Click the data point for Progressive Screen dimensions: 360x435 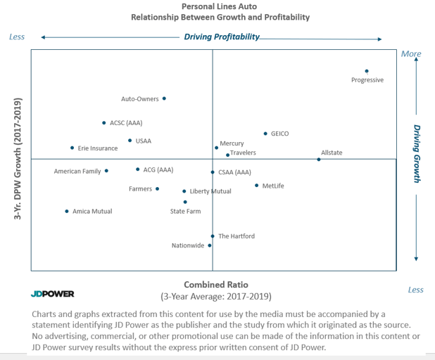click(x=367, y=71)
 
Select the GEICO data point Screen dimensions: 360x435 click(x=265, y=133)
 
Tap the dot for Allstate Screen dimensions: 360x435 click(x=318, y=160)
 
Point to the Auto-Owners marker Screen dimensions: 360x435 click(x=165, y=98)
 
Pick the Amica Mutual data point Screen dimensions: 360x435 click(x=67, y=211)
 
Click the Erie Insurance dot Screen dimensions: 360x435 click(x=72, y=148)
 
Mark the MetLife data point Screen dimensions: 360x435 click(x=256, y=186)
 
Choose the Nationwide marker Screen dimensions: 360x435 click(x=210, y=245)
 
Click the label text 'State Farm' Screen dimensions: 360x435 click(x=185, y=211)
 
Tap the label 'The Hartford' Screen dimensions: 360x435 click(x=237, y=236)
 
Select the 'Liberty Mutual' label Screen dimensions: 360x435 click(x=210, y=191)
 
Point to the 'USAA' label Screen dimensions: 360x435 click(x=144, y=141)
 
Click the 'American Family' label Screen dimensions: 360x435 click(x=77, y=171)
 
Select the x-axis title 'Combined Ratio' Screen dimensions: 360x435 click(x=215, y=285)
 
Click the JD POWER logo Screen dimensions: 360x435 click(x=52, y=294)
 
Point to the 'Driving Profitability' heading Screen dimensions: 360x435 click(x=222, y=37)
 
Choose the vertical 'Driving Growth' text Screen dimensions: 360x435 click(x=417, y=154)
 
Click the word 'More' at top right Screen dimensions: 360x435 click(x=410, y=53)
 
